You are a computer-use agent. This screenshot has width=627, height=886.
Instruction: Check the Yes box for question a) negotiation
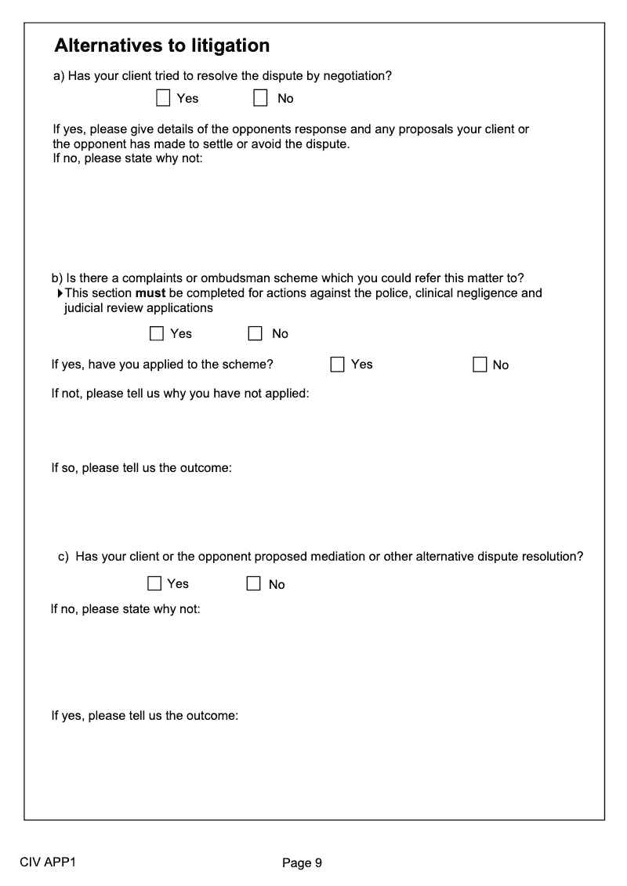[163, 98]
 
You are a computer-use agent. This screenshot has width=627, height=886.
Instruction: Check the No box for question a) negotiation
[260, 98]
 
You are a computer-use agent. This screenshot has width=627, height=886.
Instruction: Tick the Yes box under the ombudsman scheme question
[157, 334]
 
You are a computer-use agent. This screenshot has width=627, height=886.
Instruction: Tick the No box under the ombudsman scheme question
[256, 334]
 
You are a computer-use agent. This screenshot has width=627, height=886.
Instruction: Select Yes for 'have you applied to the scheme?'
[338, 365]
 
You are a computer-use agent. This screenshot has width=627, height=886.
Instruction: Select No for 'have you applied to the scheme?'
[480, 365]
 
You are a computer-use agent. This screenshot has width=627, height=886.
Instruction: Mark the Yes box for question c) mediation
[154, 584]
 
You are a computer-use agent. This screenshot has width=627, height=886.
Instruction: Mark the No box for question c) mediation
[253, 584]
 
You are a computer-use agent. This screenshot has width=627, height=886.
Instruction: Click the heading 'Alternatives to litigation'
[161, 46]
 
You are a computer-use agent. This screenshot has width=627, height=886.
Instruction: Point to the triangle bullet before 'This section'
[60, 293]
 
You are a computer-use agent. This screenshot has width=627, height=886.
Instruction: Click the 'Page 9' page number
[302, 863]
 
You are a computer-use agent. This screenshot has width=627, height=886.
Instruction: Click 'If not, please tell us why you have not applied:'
[179, 394]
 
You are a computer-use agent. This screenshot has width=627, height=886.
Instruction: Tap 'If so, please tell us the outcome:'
[141, 468]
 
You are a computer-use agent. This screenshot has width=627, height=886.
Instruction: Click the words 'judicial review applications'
[138, 308]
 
